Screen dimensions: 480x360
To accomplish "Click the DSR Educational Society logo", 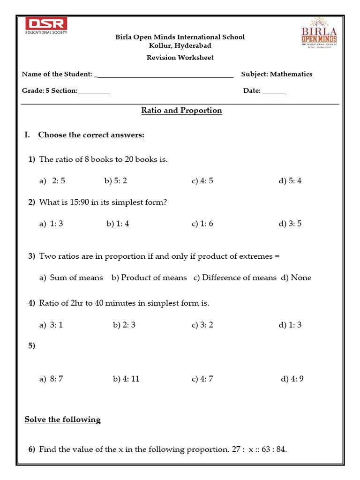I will tap(46, 26).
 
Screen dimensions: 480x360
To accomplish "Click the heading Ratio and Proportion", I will tap(181, 111).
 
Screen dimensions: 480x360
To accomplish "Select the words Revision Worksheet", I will tap(180, 58).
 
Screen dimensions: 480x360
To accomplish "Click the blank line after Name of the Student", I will tap(164, 75).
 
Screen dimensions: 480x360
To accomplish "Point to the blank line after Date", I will tap(274, 92).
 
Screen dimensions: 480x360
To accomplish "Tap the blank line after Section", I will tap(94, 92).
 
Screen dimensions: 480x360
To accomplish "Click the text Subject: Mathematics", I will tap(277, 74).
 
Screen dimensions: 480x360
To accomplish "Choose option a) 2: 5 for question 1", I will tap(52, 181).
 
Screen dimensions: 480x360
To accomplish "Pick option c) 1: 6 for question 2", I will tap(202, 224).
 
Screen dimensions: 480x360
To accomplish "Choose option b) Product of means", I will tap(149, 277).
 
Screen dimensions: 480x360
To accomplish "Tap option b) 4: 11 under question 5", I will tap(126, 379).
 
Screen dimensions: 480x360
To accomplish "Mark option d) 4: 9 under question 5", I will tap(292, 379).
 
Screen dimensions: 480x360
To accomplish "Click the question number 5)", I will tap(32, 346).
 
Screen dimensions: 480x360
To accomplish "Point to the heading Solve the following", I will tap(62, 420).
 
